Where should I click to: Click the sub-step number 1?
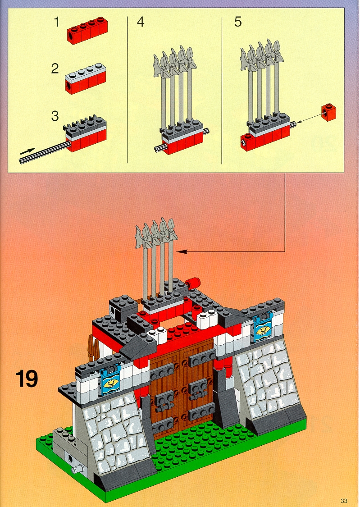click(57, 22)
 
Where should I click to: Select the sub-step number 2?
click(55, 69)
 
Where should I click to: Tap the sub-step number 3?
click(55, 116)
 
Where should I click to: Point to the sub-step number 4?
click(141, 22)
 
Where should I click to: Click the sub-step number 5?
click(238, 22)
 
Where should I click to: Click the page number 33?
click(343, 501)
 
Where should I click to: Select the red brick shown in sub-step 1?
click(87, 30)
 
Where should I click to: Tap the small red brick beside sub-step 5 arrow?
click(328, 112)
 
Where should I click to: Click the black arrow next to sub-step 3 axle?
click(27, 151)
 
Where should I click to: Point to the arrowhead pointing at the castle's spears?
click(181, 251)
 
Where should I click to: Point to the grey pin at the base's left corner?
click(77, 469)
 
